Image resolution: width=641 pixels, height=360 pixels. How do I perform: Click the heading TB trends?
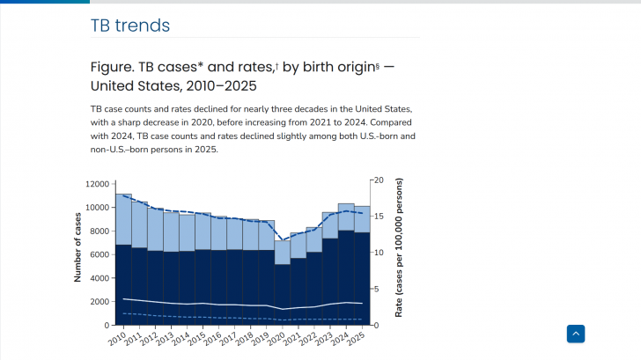(130, 26)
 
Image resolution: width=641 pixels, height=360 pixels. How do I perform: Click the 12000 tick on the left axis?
(97, 184)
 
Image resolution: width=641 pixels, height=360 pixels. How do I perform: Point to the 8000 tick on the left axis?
(99, 231)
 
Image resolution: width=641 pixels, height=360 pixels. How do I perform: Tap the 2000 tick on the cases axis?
(99, 302)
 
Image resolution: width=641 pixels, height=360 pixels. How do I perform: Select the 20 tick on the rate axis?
(379, 180)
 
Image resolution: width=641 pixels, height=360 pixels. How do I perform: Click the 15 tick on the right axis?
(379, 216)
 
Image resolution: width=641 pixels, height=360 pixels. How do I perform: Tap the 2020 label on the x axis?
(276, 337)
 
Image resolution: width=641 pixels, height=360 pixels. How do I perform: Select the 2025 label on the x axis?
(357, 337)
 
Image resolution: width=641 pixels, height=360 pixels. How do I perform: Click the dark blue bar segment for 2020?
(283, 295)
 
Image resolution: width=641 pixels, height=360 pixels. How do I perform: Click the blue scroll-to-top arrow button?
(576, 334)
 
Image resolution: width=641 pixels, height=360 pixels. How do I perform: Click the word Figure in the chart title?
(114, 67)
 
